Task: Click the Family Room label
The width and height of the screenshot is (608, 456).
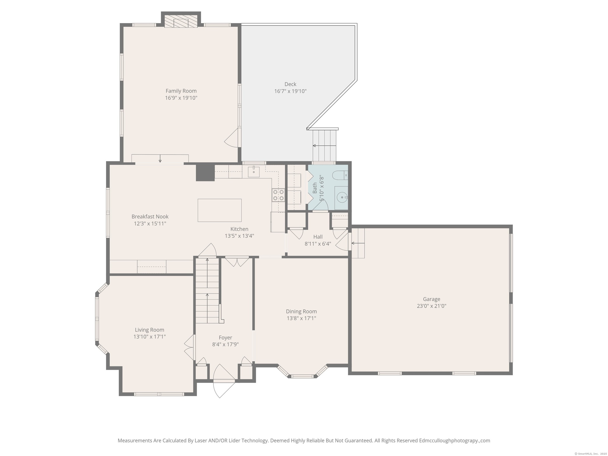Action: tap(181, 91)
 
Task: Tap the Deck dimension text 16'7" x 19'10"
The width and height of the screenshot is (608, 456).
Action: tap(290, 91)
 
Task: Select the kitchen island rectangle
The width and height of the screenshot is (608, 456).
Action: tap(219, 210)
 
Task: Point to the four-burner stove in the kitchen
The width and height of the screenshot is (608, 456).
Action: tap(278, 195)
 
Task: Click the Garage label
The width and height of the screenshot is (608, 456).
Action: tap(432, 299)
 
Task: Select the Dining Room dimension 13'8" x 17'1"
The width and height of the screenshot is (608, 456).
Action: tap(301, 318)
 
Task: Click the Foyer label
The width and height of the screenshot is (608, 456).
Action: tap(225, 338)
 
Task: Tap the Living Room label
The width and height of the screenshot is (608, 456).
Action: tap(149, 330)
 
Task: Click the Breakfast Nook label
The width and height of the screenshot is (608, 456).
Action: tap(150, 217)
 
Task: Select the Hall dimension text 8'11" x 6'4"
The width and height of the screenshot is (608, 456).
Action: tap(318, 244)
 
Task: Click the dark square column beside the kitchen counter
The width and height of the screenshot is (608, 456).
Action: tap(205, 172)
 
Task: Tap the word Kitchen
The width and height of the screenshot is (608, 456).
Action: tap(239, 229)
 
